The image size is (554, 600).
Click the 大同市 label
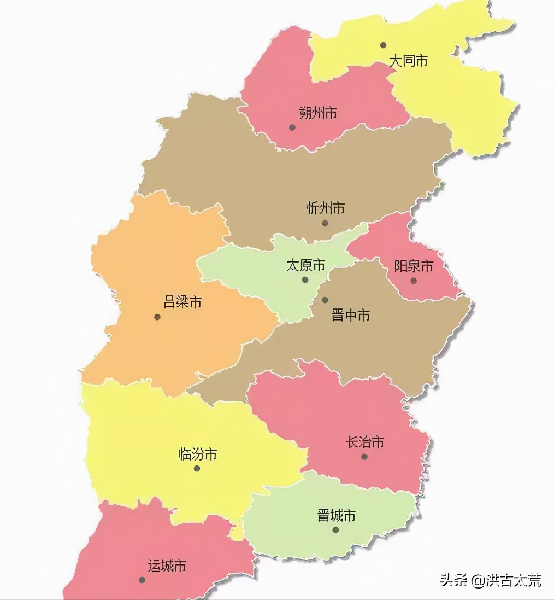[x=408, y=61]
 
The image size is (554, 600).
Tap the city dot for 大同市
[x=384, y=45]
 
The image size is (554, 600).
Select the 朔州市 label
[x=318, y=113]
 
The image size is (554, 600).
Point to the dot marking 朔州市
[x=292, y=127]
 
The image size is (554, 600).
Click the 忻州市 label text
[x=326, y=208]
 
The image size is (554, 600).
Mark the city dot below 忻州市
[x=325, y=223]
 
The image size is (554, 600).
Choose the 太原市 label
[x=305, y=266]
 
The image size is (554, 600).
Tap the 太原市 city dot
[x=305, y=280]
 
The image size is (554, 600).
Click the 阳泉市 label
[x=414, y=266]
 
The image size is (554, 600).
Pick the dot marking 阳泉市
[x=414, y=281]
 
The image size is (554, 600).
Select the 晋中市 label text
[x=351, y=315]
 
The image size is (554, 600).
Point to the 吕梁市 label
[x=182, y=302]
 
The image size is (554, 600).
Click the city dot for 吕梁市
[x=157, y=317]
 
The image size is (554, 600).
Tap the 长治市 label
[x=365, y=442]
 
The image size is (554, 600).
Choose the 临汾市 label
[x=198, y=454]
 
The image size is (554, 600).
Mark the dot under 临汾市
[x=197, y=469]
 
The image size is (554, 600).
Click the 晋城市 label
[x=337, y=515]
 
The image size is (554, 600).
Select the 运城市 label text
[x=167, y=566]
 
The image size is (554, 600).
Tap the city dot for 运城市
[x=142, y=580]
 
